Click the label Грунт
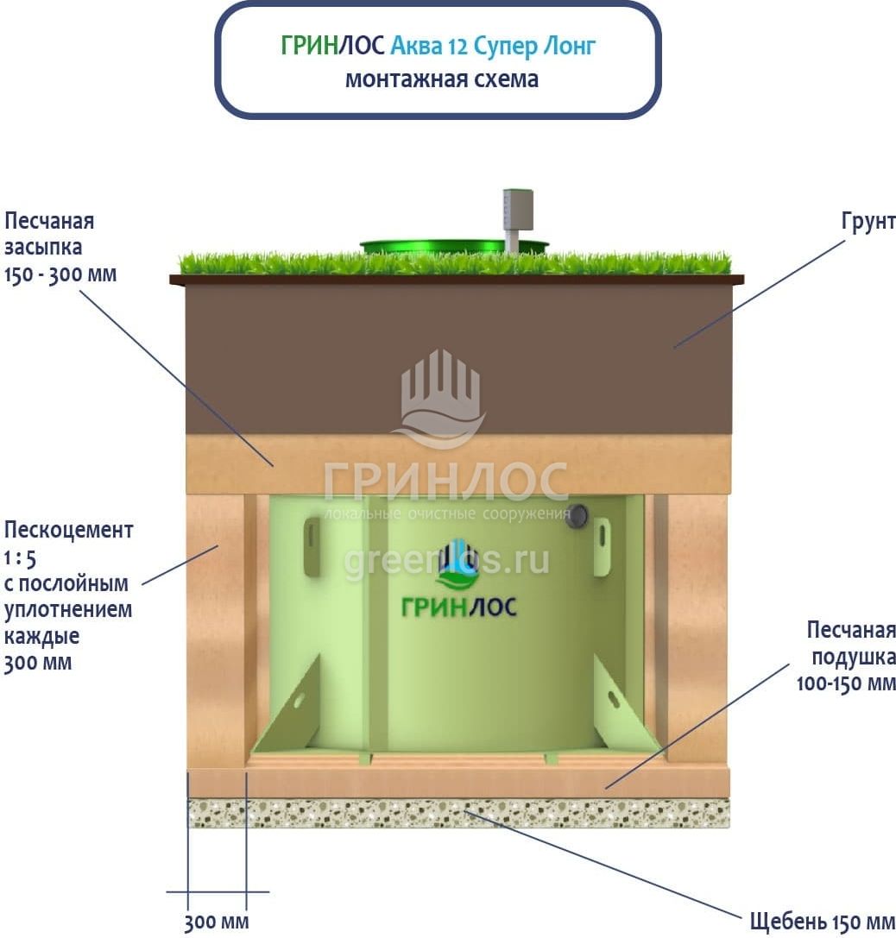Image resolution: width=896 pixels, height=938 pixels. click(868, 222)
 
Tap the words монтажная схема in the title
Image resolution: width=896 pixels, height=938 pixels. click(441, 79)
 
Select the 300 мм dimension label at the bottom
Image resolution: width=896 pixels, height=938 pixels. click(217, 922)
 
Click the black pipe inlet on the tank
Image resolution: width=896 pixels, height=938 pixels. click(577, 517)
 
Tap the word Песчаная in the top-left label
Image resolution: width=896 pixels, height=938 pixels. click(49, 222)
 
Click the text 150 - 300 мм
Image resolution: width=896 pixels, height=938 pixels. click(60, 274)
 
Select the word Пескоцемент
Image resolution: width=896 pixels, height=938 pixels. click(69, 529)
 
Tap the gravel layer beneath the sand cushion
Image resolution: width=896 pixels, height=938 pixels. click(458, 813)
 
